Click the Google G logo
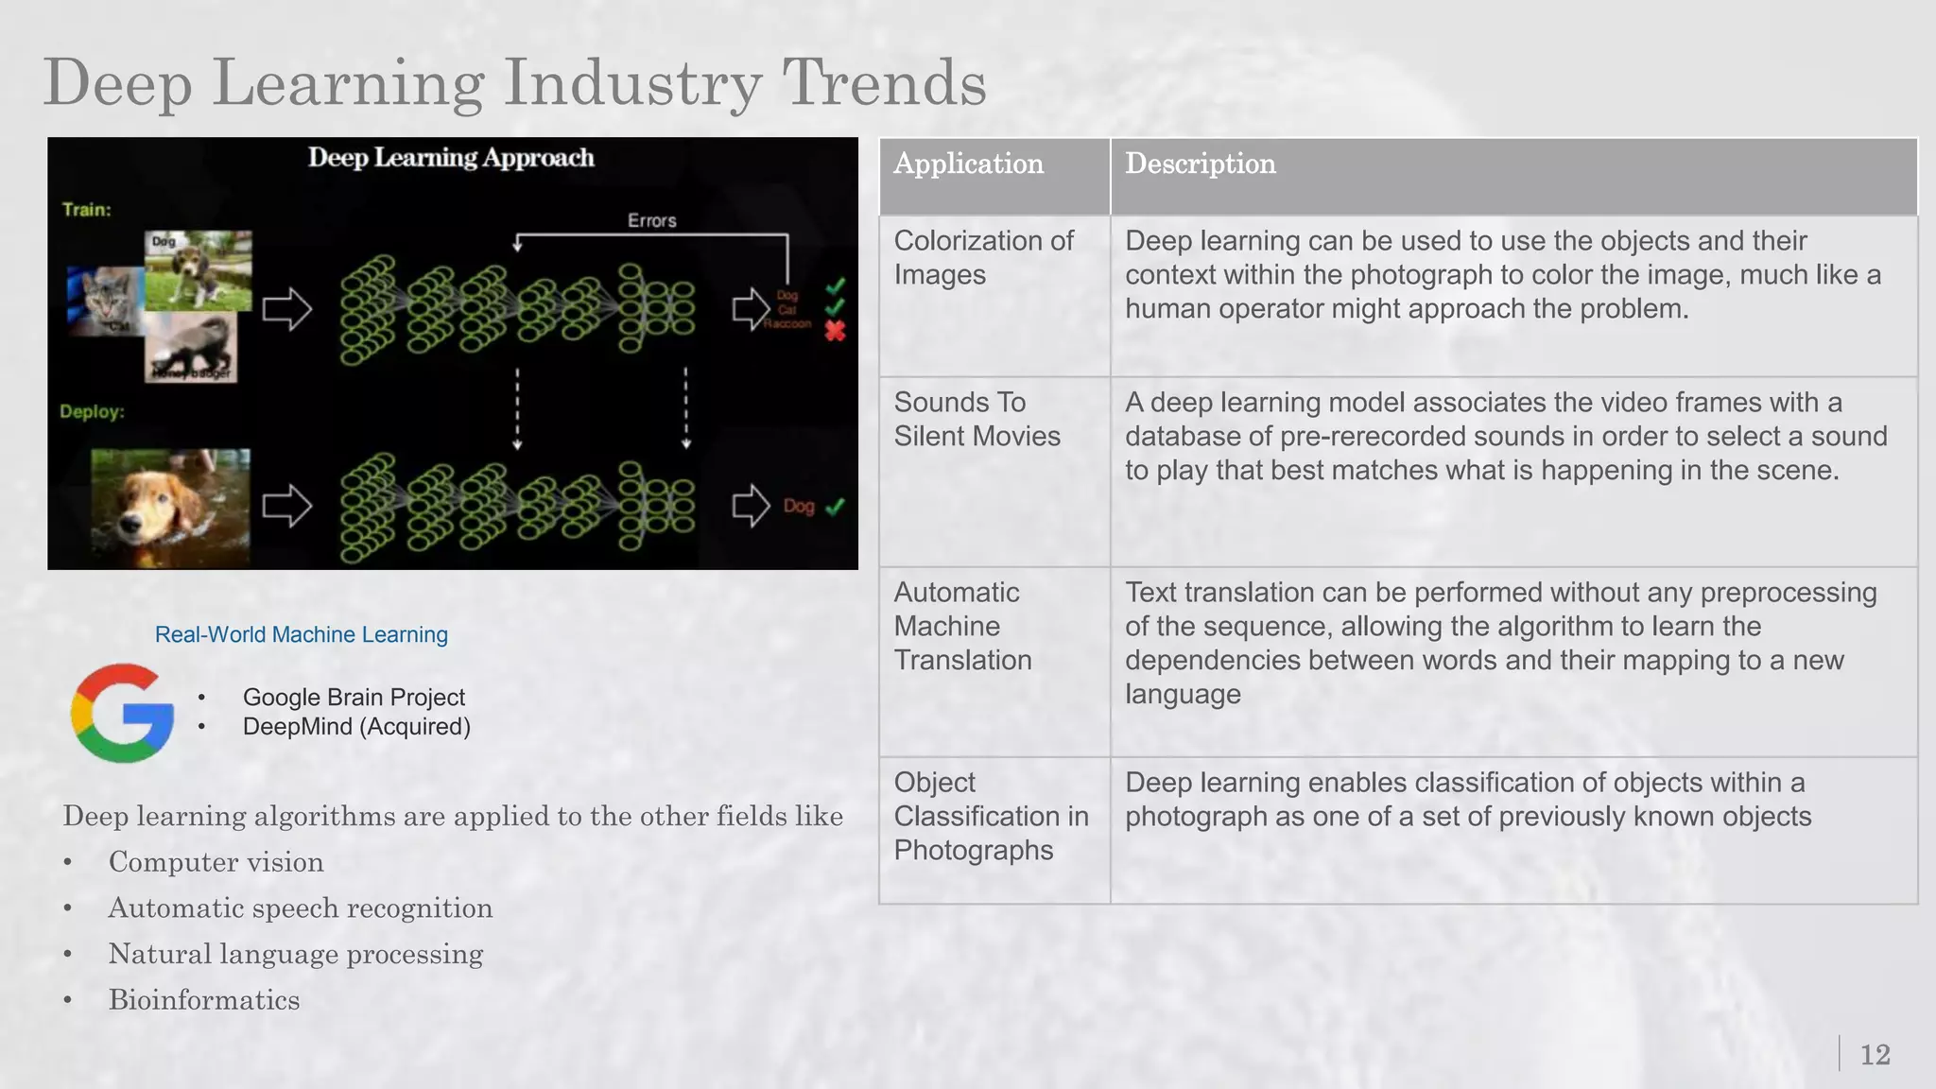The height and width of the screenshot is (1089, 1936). tap(123, 713)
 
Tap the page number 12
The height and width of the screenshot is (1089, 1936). tap(1875, 1055)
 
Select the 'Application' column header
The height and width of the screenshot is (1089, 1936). tap(969, 164)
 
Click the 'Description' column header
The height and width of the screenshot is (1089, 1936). tap(1200, 164)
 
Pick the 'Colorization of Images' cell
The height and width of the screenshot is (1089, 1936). tap(983, 258)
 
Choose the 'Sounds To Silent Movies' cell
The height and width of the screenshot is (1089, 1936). tap(977, 420)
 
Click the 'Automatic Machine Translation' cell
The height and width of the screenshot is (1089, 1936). tap(962, 627)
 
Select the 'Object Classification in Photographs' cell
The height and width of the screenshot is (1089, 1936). tap(991, 817)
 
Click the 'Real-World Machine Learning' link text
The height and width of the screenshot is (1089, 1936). tap(301, 635)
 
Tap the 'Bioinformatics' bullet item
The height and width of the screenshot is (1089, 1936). tap(203, 1000)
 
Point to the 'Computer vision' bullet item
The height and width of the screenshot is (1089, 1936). tap(216, 862)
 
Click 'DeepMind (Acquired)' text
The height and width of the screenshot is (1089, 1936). tap(356, 727)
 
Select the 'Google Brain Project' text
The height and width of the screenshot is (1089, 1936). tap(354, 698)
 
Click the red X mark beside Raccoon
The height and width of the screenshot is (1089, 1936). tap(835, 331)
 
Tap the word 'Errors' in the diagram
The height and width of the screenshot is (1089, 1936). tap(651, 220)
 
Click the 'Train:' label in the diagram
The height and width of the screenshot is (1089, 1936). tap(86, 210)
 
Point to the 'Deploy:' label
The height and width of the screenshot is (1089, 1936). tap(92, 412)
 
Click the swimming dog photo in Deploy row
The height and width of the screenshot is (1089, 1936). tap(170, 507)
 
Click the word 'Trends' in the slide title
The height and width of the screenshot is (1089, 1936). tap(884, 83)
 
